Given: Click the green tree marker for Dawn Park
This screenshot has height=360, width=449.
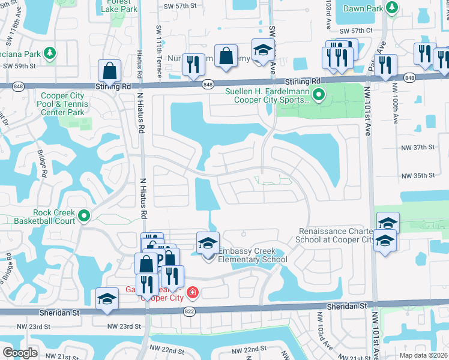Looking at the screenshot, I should [x=392, y=7].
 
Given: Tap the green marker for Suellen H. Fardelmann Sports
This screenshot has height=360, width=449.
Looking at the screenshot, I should [x=320, y=94].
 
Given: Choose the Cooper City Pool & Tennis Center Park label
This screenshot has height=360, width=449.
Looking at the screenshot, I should [x=64, y=104].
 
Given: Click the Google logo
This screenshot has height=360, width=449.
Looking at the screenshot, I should [x=20, y=353].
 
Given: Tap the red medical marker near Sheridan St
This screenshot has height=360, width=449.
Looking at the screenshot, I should [x=192, y=293].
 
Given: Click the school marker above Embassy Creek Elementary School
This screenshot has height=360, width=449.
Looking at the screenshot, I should [x=208, y=244].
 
